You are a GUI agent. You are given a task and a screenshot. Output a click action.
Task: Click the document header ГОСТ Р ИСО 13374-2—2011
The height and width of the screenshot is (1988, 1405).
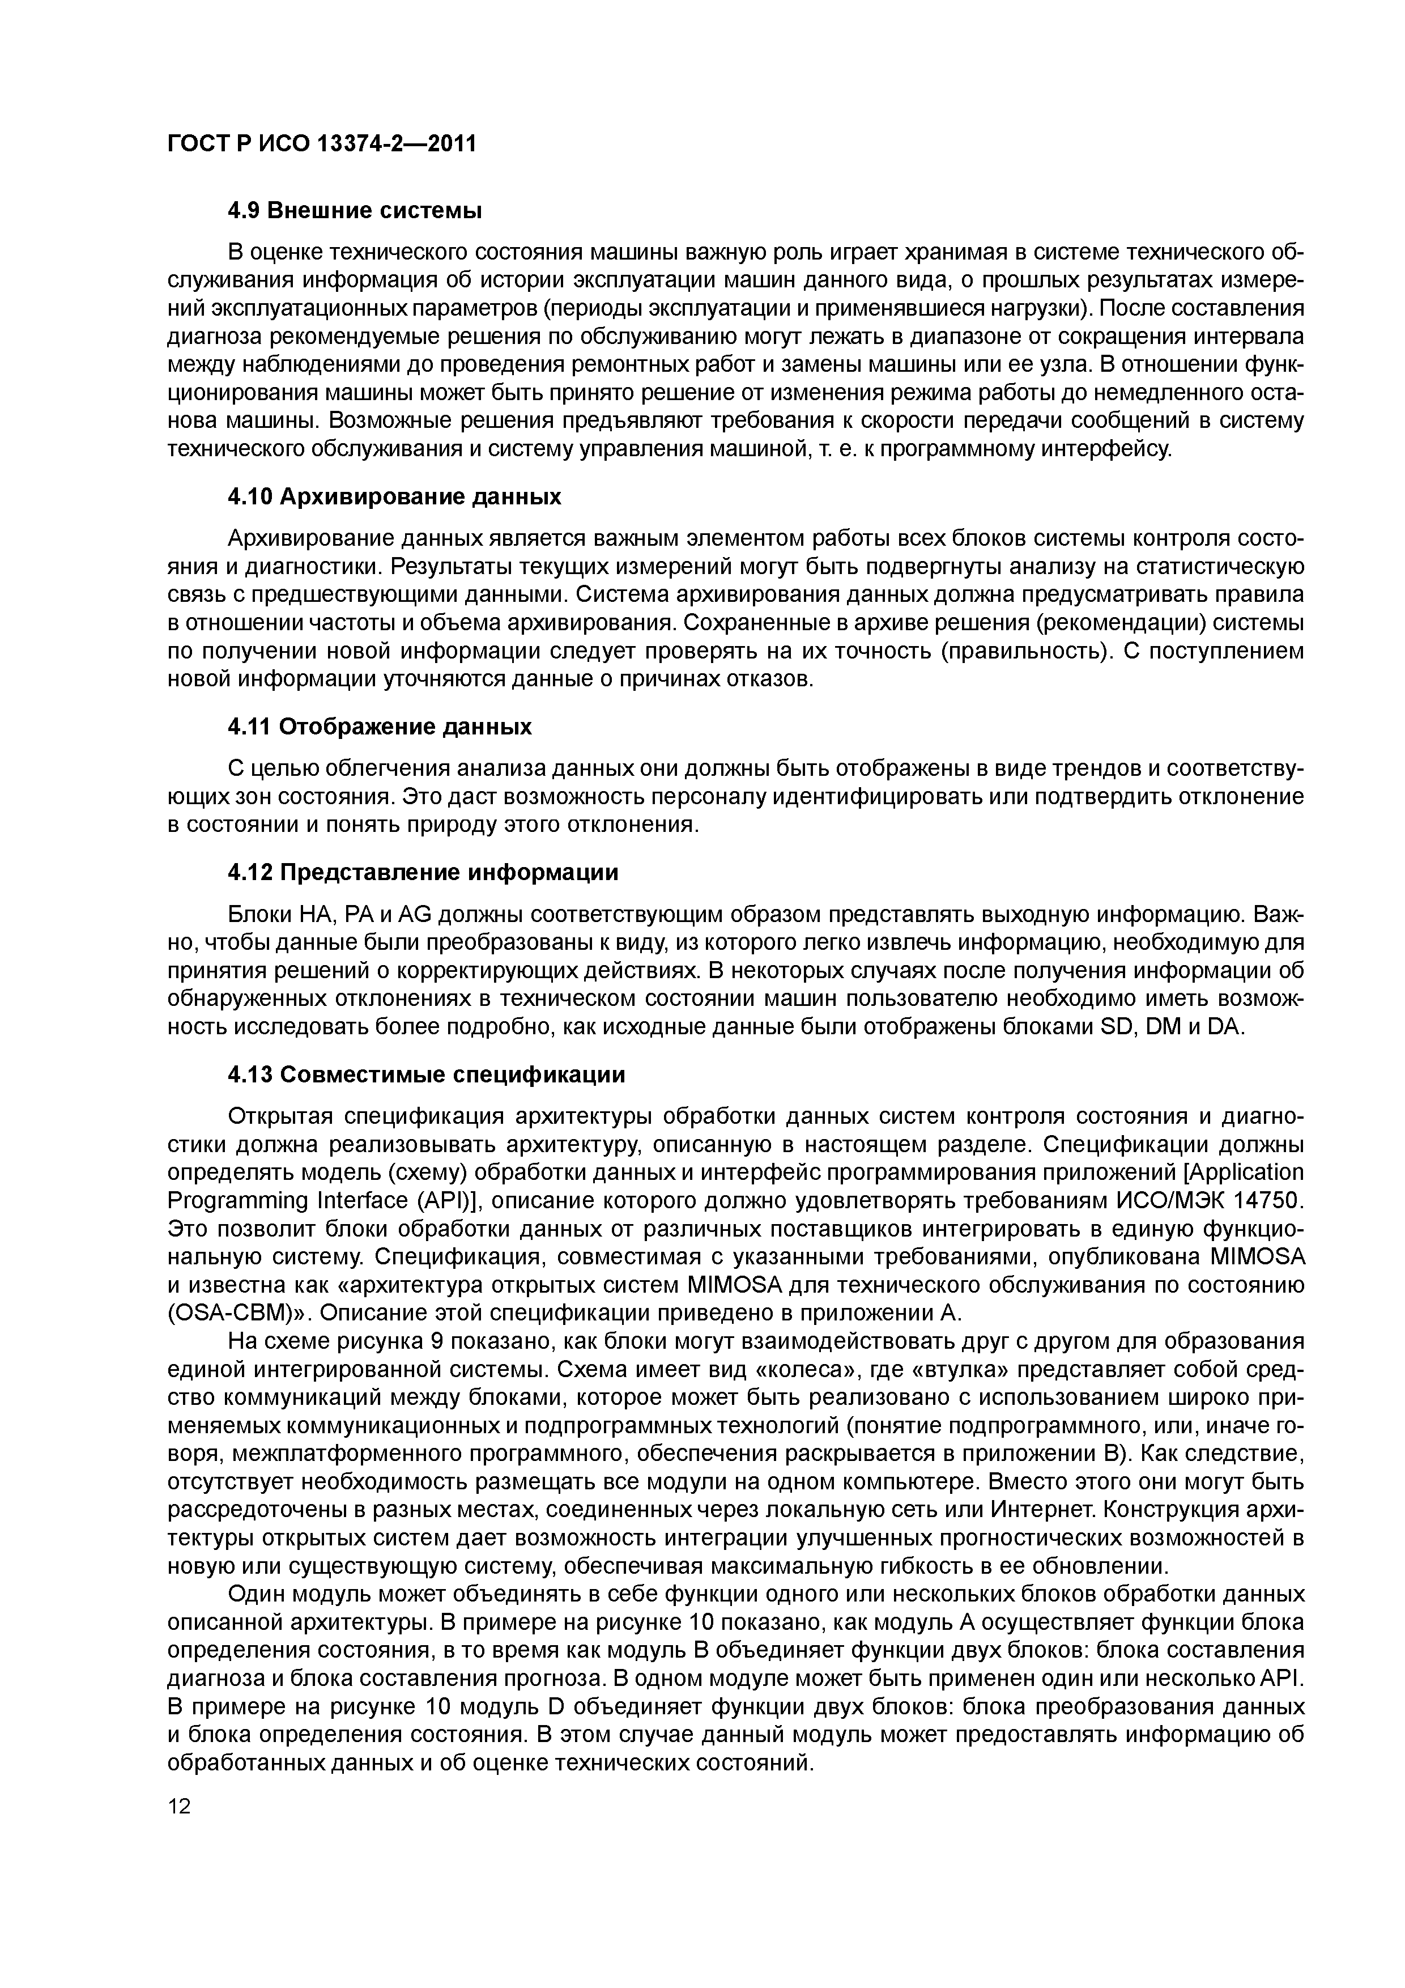point(321,143)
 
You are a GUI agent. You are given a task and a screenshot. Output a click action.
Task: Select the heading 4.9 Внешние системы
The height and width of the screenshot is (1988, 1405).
point(354,210)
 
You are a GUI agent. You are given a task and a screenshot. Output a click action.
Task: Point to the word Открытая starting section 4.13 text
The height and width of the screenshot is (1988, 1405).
point(278,1117)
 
